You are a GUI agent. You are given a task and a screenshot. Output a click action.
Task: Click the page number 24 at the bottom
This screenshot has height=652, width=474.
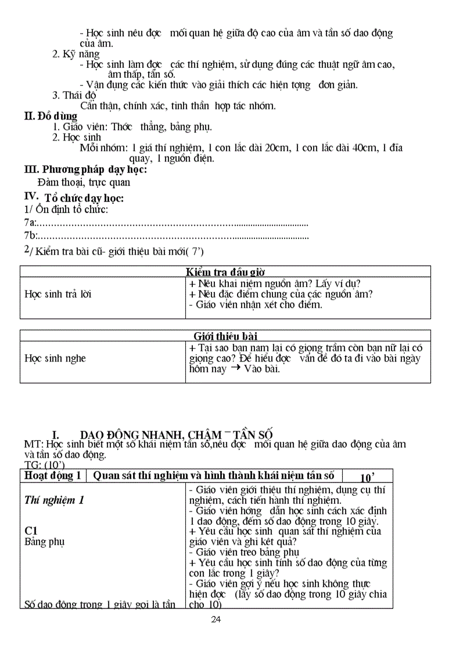pyautogui.click(x=216, y=619)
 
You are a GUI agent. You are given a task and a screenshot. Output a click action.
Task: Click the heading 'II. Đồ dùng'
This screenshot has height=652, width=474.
pyautogui.click(x=51, y=116)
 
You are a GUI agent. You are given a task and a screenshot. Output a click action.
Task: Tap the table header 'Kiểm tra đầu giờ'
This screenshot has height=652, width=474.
pyautogui.click(x=226, y=272)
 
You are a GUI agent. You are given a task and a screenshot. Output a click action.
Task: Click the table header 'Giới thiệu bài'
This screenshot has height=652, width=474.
pyautogui.click(x=226, y=336)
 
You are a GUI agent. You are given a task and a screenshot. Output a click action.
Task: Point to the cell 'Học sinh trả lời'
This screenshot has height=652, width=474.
pyautogui.click(x=58, y=294)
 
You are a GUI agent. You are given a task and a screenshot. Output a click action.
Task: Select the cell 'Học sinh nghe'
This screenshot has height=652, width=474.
pyautogui.click(x=55, y=358)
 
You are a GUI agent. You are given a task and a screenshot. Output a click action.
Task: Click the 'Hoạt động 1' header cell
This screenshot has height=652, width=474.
pyautogui.click(x=53, y=476)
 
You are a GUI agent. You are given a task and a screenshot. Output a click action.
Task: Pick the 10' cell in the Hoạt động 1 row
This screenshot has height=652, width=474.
pyautogui.click(x=367, y=477)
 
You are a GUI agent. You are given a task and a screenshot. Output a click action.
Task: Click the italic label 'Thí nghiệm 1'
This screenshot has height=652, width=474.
pyautogui.click(x=55, y=500)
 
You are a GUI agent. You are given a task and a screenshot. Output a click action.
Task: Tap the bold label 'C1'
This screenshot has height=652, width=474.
pyautogui.click(x=31, y=531)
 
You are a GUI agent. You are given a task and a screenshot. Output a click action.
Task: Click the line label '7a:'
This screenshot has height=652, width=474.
pyautogui.click(x=30, y=222)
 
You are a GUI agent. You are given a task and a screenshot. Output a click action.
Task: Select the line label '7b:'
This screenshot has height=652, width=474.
pyautogui.click(x=30, y=235)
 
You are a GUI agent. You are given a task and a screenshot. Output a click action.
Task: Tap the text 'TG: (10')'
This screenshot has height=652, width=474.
pyautogui.click(x=44, y=464)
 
